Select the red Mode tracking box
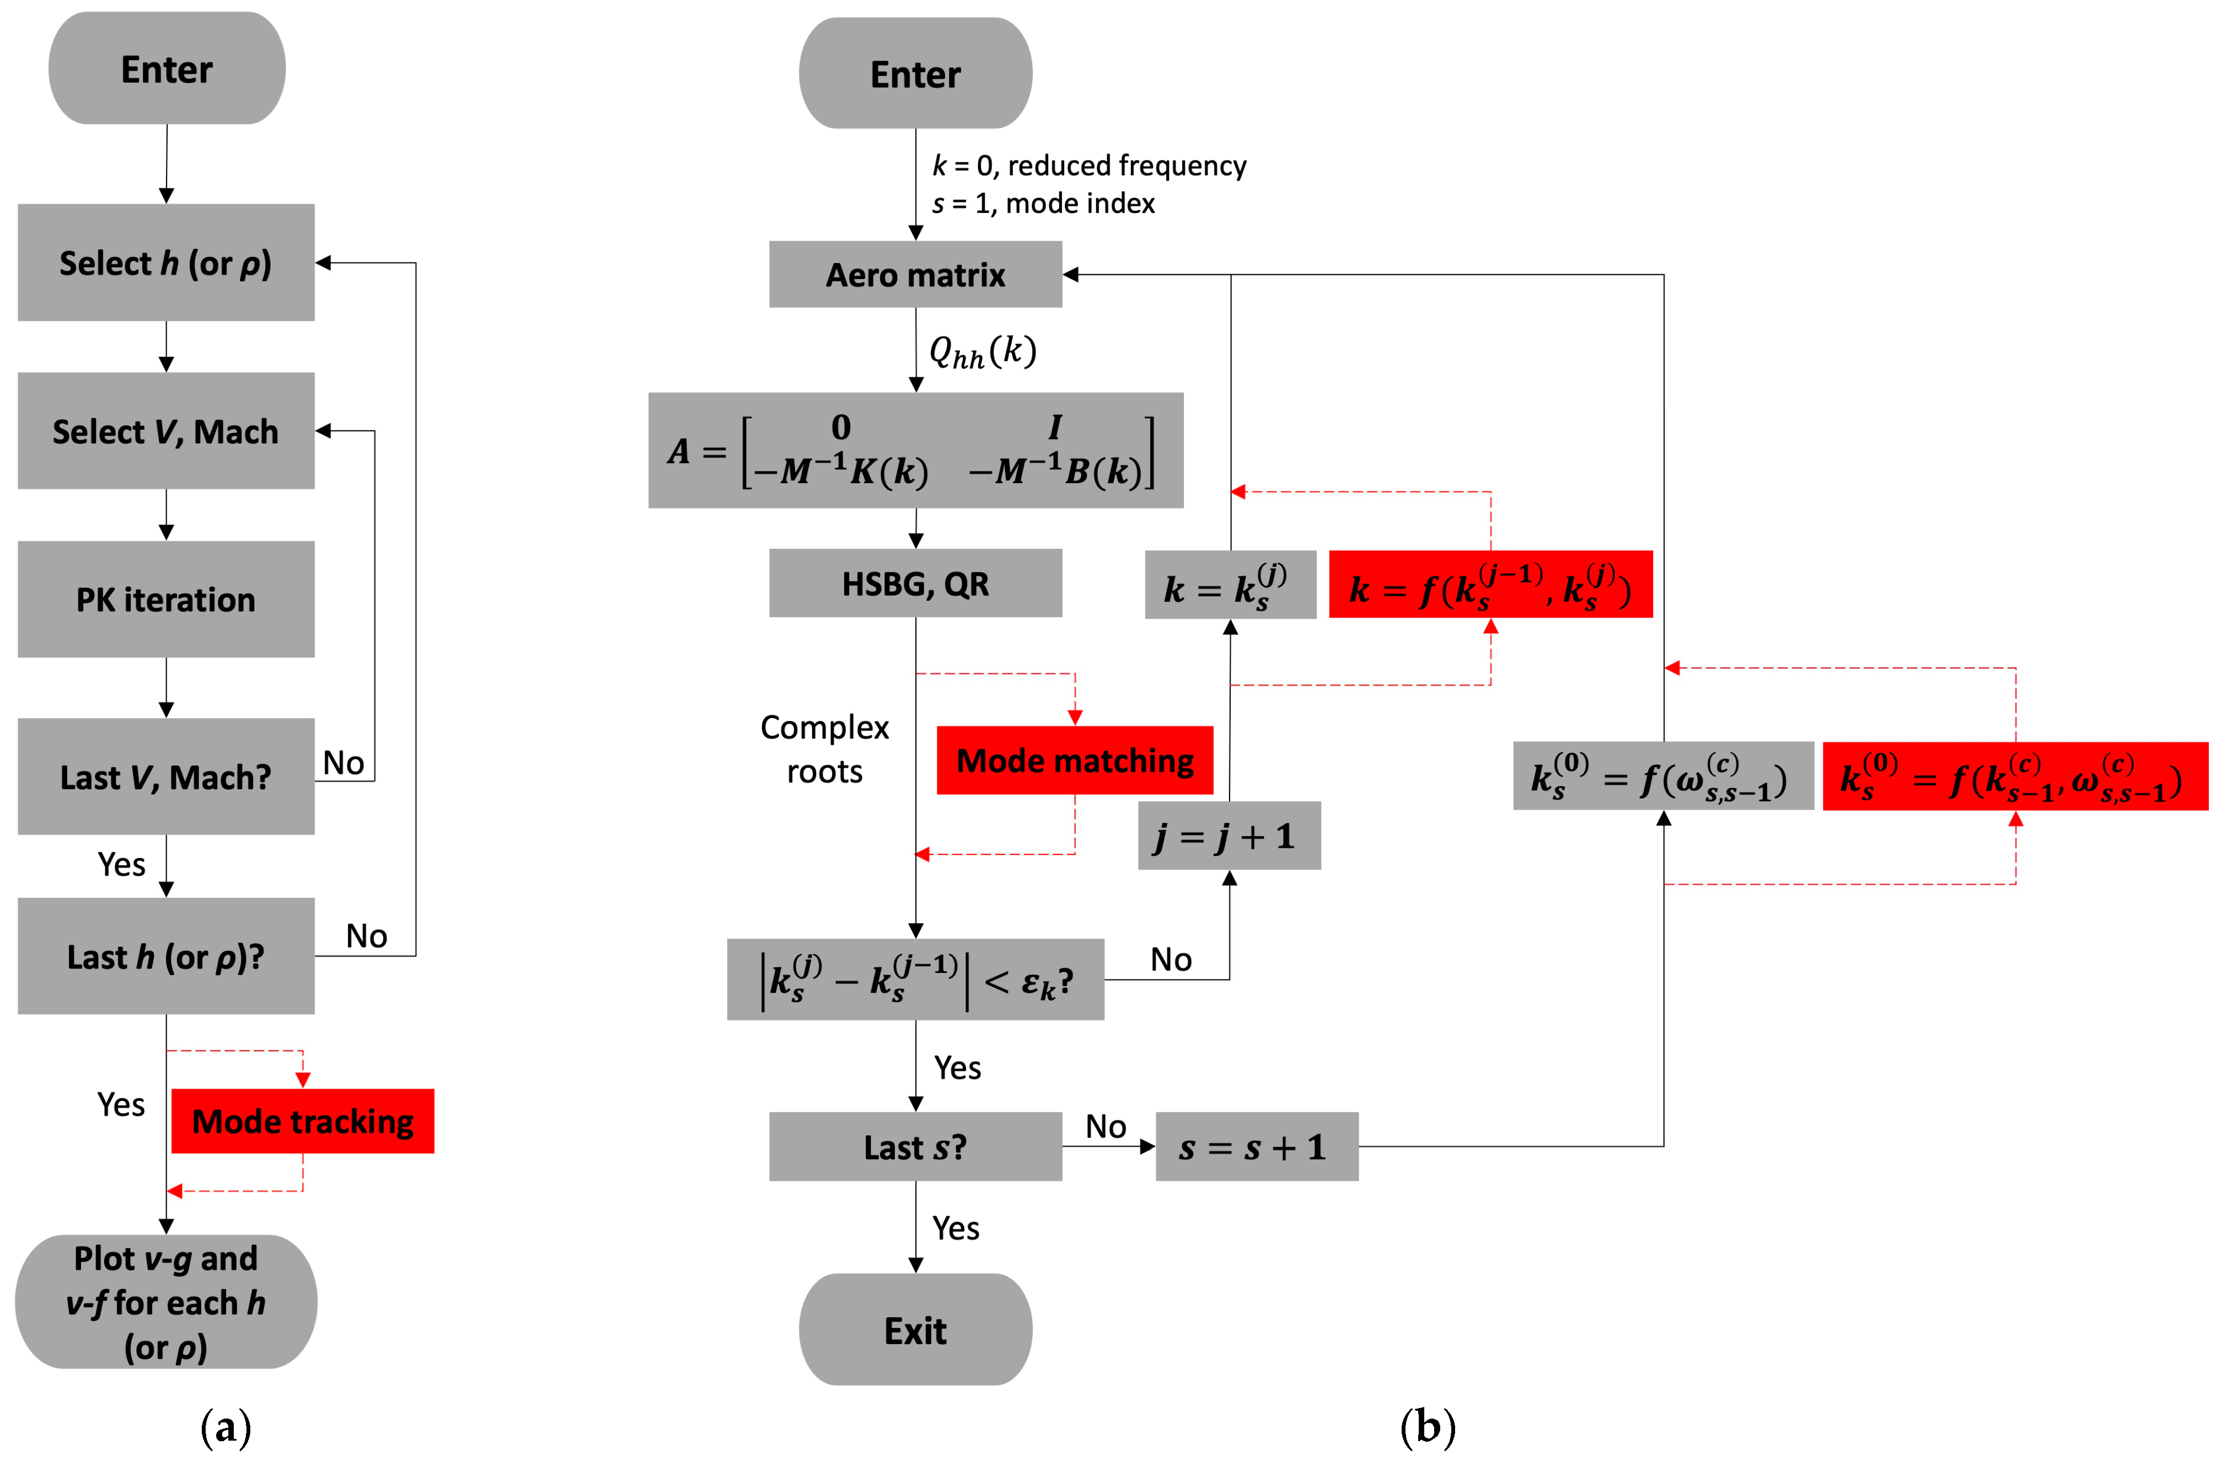click(x=302, y=1121)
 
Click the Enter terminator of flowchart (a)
click(x=167, y=69)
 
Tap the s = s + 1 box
click(x=1256, y=1146)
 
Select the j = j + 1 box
click(x=1228, y=836)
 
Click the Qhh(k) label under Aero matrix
click(x=981, y=351)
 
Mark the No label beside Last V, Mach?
click(x=343, y=763)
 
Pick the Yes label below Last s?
click(x=956, y=1228)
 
